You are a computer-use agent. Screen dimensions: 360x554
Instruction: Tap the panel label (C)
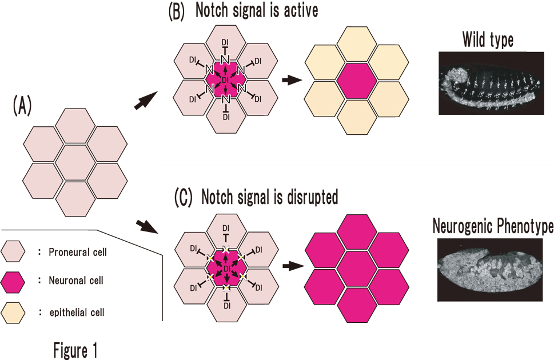tap(184, 197)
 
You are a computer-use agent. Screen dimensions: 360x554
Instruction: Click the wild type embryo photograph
tap(490, 83)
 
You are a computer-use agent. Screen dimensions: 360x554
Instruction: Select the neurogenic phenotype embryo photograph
tap(490, 270)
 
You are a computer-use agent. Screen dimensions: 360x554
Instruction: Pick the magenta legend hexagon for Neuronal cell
tap(14, 282)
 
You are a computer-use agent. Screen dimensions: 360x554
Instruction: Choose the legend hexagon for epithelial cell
tap(14, 312)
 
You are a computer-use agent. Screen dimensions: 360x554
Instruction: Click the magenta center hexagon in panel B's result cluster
tap(356, 80)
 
